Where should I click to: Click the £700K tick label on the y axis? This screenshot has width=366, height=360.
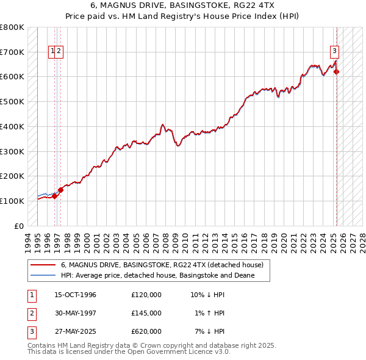[12, 52]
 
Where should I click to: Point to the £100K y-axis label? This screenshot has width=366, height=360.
[12, 201]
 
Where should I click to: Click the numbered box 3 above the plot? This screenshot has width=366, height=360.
[335, 51]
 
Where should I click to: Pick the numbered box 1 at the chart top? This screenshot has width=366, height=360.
[53, 51]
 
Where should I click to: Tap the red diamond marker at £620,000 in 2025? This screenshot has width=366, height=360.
[337, 72]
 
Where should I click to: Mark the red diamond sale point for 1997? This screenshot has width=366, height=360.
[60, 190]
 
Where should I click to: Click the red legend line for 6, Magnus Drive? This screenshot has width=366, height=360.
[43, 265]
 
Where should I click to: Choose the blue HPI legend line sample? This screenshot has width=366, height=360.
[43, 276]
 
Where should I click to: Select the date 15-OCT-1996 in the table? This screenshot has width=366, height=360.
[75, 295]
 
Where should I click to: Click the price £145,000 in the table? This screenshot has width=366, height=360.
[146, 313]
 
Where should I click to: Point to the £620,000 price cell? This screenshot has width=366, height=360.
[146, 331]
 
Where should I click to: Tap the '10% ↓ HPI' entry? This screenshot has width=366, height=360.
[207, 295]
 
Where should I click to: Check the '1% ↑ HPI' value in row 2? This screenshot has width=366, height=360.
[210, 313]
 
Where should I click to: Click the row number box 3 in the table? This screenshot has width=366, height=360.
[30, 331]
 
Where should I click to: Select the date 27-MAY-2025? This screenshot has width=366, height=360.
[76, 331]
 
